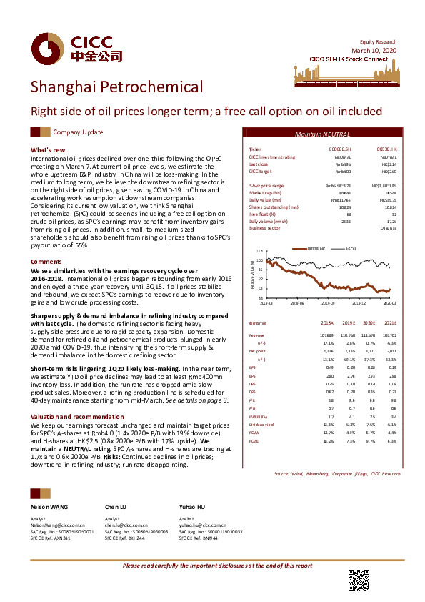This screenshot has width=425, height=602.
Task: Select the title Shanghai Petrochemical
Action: tap(116, 87)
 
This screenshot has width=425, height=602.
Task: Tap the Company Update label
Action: tap(79, 132)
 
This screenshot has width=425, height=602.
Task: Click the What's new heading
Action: tap(49, 149)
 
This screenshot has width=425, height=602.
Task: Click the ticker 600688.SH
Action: tap(338, 149)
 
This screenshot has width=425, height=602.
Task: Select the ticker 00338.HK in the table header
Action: tap(386, 149)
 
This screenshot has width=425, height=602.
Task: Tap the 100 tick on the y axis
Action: tap(260, 260)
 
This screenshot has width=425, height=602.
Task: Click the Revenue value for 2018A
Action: tap(328, 335)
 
